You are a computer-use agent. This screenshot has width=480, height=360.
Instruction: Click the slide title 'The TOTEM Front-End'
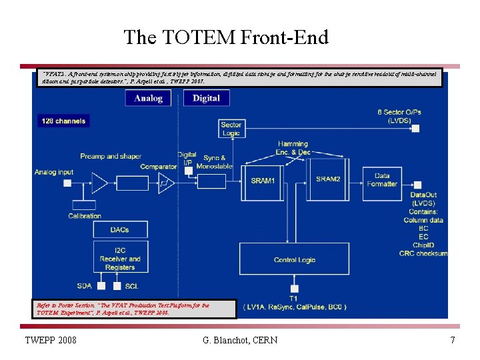click(x=226, y=37)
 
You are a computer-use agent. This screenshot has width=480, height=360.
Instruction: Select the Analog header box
click(x=148, y=98)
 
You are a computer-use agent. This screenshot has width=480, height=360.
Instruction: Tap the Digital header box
click(x=206, y=98)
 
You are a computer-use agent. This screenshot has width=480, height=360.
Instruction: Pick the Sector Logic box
click(x=231, y=129)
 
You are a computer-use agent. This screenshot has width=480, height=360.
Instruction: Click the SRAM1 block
click(x=262, y=180)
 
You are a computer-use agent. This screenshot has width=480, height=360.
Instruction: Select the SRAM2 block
click(x=328, y=179)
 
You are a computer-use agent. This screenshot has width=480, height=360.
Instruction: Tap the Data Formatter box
click(x=382, y=180)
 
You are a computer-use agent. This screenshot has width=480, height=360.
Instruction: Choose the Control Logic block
click(x=295, y=259)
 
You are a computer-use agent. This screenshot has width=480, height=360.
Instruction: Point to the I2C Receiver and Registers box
click(x=120, y=259)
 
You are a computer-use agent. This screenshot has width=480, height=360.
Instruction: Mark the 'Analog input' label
click(x=54, y=172)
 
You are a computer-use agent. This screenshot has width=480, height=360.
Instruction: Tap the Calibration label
click(x=85, y=215)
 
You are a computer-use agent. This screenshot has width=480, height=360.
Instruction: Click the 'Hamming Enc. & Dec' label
click(x=293, y=148)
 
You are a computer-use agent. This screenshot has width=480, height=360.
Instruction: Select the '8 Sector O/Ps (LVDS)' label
click(x=399, y=116)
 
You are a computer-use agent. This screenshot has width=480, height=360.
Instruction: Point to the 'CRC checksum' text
click(x=423, y=253)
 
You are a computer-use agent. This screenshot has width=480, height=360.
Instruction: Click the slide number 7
click(x=453, y=341)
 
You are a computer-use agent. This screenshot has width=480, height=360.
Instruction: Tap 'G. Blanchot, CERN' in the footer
click(x=240, y=341)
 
